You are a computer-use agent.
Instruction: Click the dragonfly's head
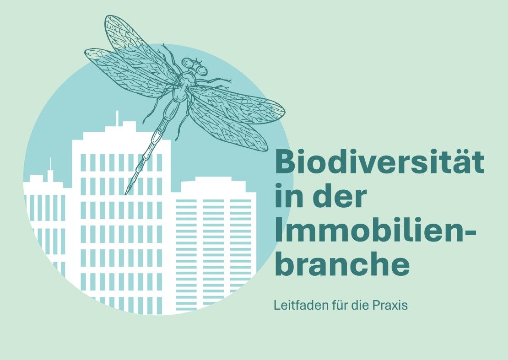point(195,66)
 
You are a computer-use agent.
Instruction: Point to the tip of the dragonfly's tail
point(126,194)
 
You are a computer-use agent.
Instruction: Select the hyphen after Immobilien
point(471,232)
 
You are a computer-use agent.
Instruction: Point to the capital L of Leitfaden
point(277,305)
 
